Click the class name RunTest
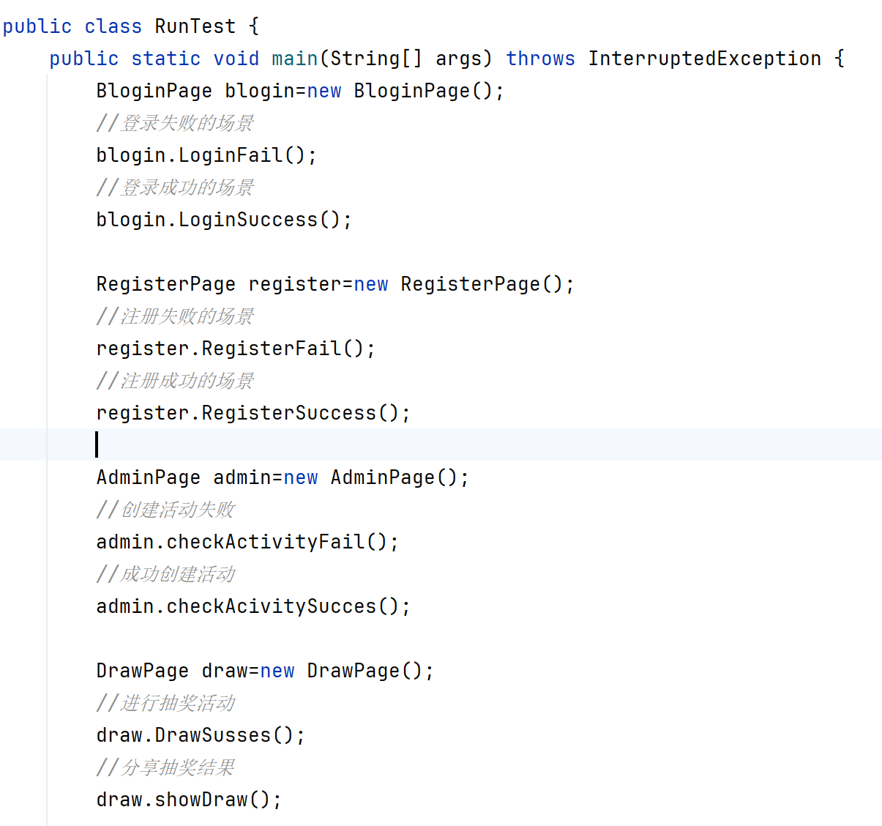click(x=195, y=26)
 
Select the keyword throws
click(x=540, y=59)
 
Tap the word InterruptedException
click(x=704, y=59)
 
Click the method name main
click(x=294, y=59)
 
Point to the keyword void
click(x=236, y=59)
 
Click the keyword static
click(x=165, y=59)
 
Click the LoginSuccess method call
click(x=247, y=220)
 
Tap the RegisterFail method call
click(x=271, y=349)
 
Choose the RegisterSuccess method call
click(x=288, y=413)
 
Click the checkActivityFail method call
click(x=265, y=542)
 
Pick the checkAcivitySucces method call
click(x=271, y=606)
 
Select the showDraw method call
click(x=201, y=800)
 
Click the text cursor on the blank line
click(x=97, y=444)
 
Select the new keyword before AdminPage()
click(x=300, y=477)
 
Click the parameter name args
click(x=458, y=59)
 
